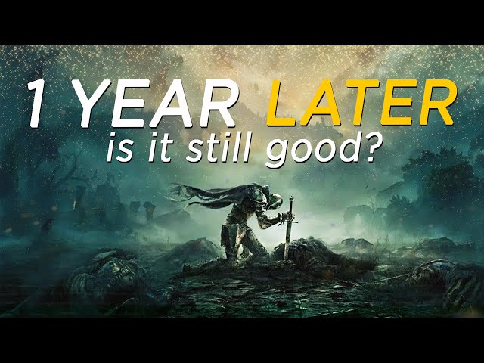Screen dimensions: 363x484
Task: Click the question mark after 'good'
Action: coord(371,147)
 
